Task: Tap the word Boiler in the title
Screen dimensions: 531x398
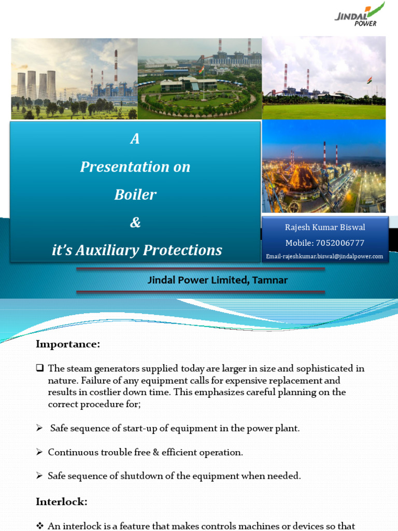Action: click(x=135, y=194)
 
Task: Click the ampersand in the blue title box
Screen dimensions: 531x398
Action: click(x=135, y=222)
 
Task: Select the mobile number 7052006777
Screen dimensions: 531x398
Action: click(x=339, y=243)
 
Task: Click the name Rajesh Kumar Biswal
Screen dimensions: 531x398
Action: click(x=325, y=228)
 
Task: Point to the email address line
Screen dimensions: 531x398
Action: click(x=325, y=256)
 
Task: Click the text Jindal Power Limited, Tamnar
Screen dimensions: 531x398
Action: click(x=218, y=280)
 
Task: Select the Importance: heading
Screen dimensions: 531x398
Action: click(x=68, y=344)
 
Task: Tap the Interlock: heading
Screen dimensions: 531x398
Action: click(x=62, y=501)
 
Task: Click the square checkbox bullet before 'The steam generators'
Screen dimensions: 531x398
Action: click(x=39, y=369)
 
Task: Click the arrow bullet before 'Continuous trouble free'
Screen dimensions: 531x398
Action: click(x=39, y=453)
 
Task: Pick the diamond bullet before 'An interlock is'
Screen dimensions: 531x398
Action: click(x=39, y=526)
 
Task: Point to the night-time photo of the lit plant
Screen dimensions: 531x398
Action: click(x=324, y=166)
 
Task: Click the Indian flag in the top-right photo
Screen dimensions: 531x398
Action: click(x=369, y=80)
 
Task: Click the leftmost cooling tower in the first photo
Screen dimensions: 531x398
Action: click(x=21, y=85)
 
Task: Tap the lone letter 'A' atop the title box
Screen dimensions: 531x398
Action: click(x=135, y=139)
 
